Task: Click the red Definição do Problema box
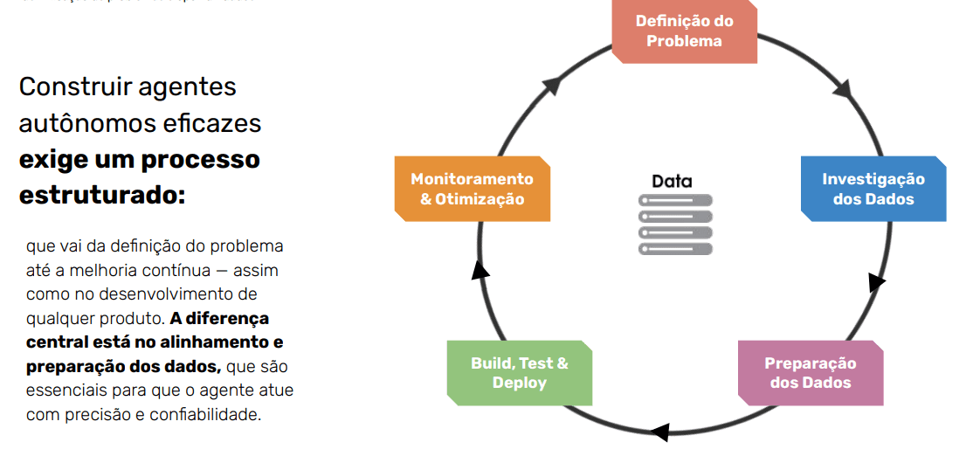click(684, 31)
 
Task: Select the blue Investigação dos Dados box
click(873, 189)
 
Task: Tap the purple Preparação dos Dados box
click(810, 373)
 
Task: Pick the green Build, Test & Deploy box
click(519, 373)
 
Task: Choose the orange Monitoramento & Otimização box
click(472, 189)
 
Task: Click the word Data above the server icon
click(672, 181)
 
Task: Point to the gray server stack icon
click(675, 225)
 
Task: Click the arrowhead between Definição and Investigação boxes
click(843, 89)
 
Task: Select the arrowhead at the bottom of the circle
click(660, 432)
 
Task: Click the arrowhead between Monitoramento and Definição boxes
click(551, 85)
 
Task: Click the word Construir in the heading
click(71, 86)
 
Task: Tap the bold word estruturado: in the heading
click(102, 194)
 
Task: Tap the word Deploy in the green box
click(519, 383)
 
